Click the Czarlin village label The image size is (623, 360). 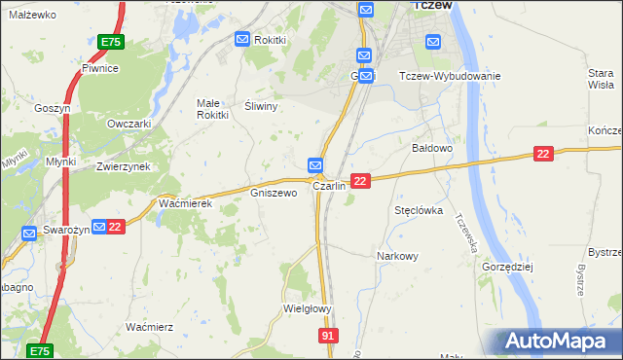pos(329,186)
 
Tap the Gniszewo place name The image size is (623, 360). pos(274,193)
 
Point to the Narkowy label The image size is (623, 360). pos(397,256)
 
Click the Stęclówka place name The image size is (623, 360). pos(419,209)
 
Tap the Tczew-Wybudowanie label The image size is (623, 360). pos(450,76)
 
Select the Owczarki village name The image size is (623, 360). pos(129,124)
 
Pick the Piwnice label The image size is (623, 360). pos(100,68)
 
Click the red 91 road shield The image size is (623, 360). pos(329,335)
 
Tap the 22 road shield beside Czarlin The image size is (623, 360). pos(360,181)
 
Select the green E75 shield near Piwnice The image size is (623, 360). pos(111,43)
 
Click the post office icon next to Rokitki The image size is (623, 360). pos(242,39)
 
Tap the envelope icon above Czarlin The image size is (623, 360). pos(315,165)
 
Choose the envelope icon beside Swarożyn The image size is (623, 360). pos(98,227)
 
